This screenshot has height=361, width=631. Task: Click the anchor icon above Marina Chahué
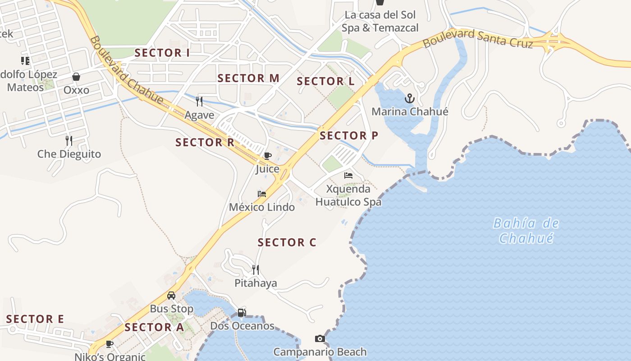[x=409, y=98]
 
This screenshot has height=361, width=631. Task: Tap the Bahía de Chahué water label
[x=526, y=230]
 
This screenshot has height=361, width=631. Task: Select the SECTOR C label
[x=287, y=242]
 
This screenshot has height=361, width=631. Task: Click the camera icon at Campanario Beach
[x=320, y=338]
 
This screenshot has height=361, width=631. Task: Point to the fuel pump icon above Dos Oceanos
[x=242, y=312]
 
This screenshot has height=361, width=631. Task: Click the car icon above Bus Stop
[x=171, y=296]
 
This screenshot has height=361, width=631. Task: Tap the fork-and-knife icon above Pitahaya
[x=256, y=270]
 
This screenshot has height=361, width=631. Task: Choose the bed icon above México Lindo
[x=262, y=194]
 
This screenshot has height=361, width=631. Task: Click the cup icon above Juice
[x=268, y=156]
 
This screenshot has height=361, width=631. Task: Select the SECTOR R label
[x=205, y=143]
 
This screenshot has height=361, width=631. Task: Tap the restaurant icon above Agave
[x=199, y=101]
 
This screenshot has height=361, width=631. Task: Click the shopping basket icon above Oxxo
[x=76, y=77]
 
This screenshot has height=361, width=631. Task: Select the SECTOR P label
[x=349, y=135]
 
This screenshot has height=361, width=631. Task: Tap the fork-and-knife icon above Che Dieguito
[x=69, y=140]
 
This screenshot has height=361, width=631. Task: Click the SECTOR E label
[x=35, y=319]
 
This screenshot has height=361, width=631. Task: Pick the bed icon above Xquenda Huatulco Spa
[x=348, y=175]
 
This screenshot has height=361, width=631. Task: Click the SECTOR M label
[x=248, y=78]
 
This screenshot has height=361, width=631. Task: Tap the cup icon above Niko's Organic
[x=110, y=344]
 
